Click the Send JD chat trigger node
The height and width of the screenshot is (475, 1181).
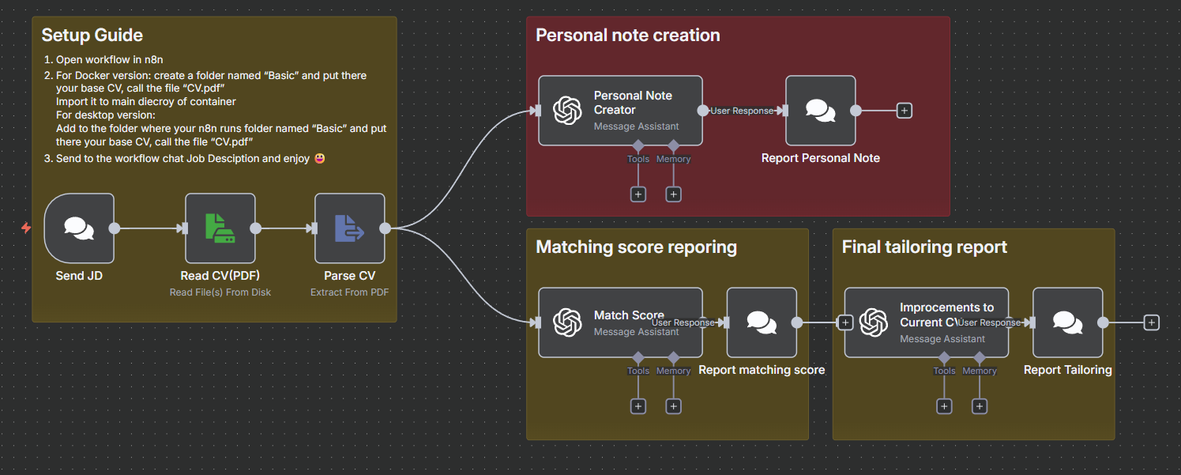(79, 228)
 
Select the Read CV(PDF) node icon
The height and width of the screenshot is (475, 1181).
(220, 228)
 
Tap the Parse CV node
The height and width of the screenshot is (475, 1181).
(349, 228)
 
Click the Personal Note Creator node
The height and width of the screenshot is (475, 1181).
(620, 111)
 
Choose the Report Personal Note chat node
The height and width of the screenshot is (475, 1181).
(820, 111)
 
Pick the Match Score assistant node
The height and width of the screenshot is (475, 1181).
(620, 322)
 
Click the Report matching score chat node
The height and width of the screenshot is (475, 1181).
(761, 322)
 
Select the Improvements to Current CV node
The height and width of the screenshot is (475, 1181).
(926, 322)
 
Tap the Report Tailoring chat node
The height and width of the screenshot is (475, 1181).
(1067, 322)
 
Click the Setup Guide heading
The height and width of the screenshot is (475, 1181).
(92, 35)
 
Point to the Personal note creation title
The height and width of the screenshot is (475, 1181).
(627, 36)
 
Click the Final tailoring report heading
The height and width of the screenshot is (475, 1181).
(923, 247)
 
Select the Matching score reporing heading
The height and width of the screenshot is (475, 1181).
(636, 247)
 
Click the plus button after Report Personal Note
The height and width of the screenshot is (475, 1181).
(905, 111)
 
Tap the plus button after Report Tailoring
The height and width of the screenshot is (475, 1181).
(1152, 322)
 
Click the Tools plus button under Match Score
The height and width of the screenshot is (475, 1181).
(638, 406)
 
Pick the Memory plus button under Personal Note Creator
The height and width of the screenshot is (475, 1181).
(673, 194)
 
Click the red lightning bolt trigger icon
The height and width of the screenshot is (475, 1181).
(26, 228)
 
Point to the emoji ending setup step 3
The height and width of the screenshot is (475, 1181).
(319, 158)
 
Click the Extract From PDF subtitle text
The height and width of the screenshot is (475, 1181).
(349, 292)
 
